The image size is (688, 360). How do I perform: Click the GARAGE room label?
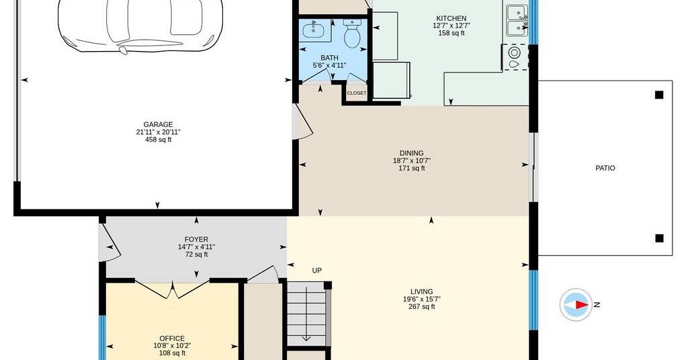158,124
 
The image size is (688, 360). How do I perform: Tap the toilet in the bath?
352,34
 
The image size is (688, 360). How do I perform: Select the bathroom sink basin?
315,30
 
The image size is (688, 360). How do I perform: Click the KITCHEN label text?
451,18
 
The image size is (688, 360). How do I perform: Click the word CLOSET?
357,93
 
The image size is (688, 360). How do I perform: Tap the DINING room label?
412,153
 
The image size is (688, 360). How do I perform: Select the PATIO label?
605,168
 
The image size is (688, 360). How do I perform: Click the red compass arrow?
582,305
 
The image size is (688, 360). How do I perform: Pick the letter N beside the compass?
597,305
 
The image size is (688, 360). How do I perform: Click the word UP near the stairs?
317,271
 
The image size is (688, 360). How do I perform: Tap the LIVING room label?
422,291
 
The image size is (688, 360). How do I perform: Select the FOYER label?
196,239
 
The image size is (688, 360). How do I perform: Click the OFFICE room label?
172,339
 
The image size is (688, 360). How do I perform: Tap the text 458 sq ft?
158,140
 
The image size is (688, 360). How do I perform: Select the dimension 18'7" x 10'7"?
412,161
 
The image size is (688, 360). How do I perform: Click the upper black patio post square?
659,95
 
